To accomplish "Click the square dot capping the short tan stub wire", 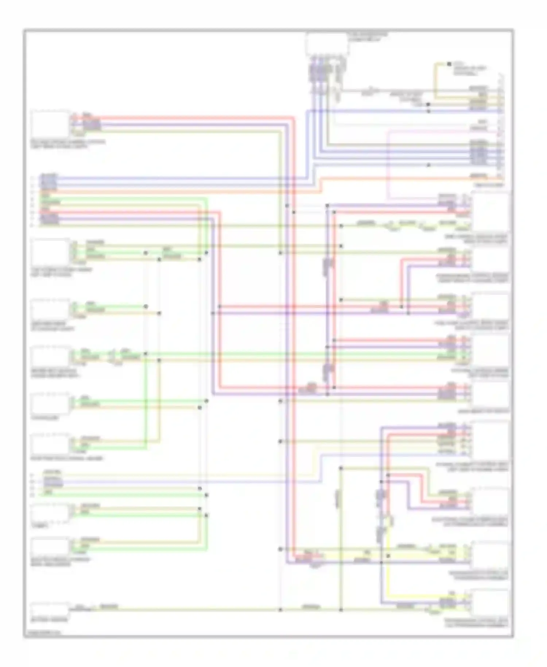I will pyautogui.click(x=449, y=64).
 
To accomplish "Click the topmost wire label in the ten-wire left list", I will pyautogui.click(x=49, y=176).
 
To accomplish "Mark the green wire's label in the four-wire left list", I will pyautogui.click(x=47, y=492).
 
